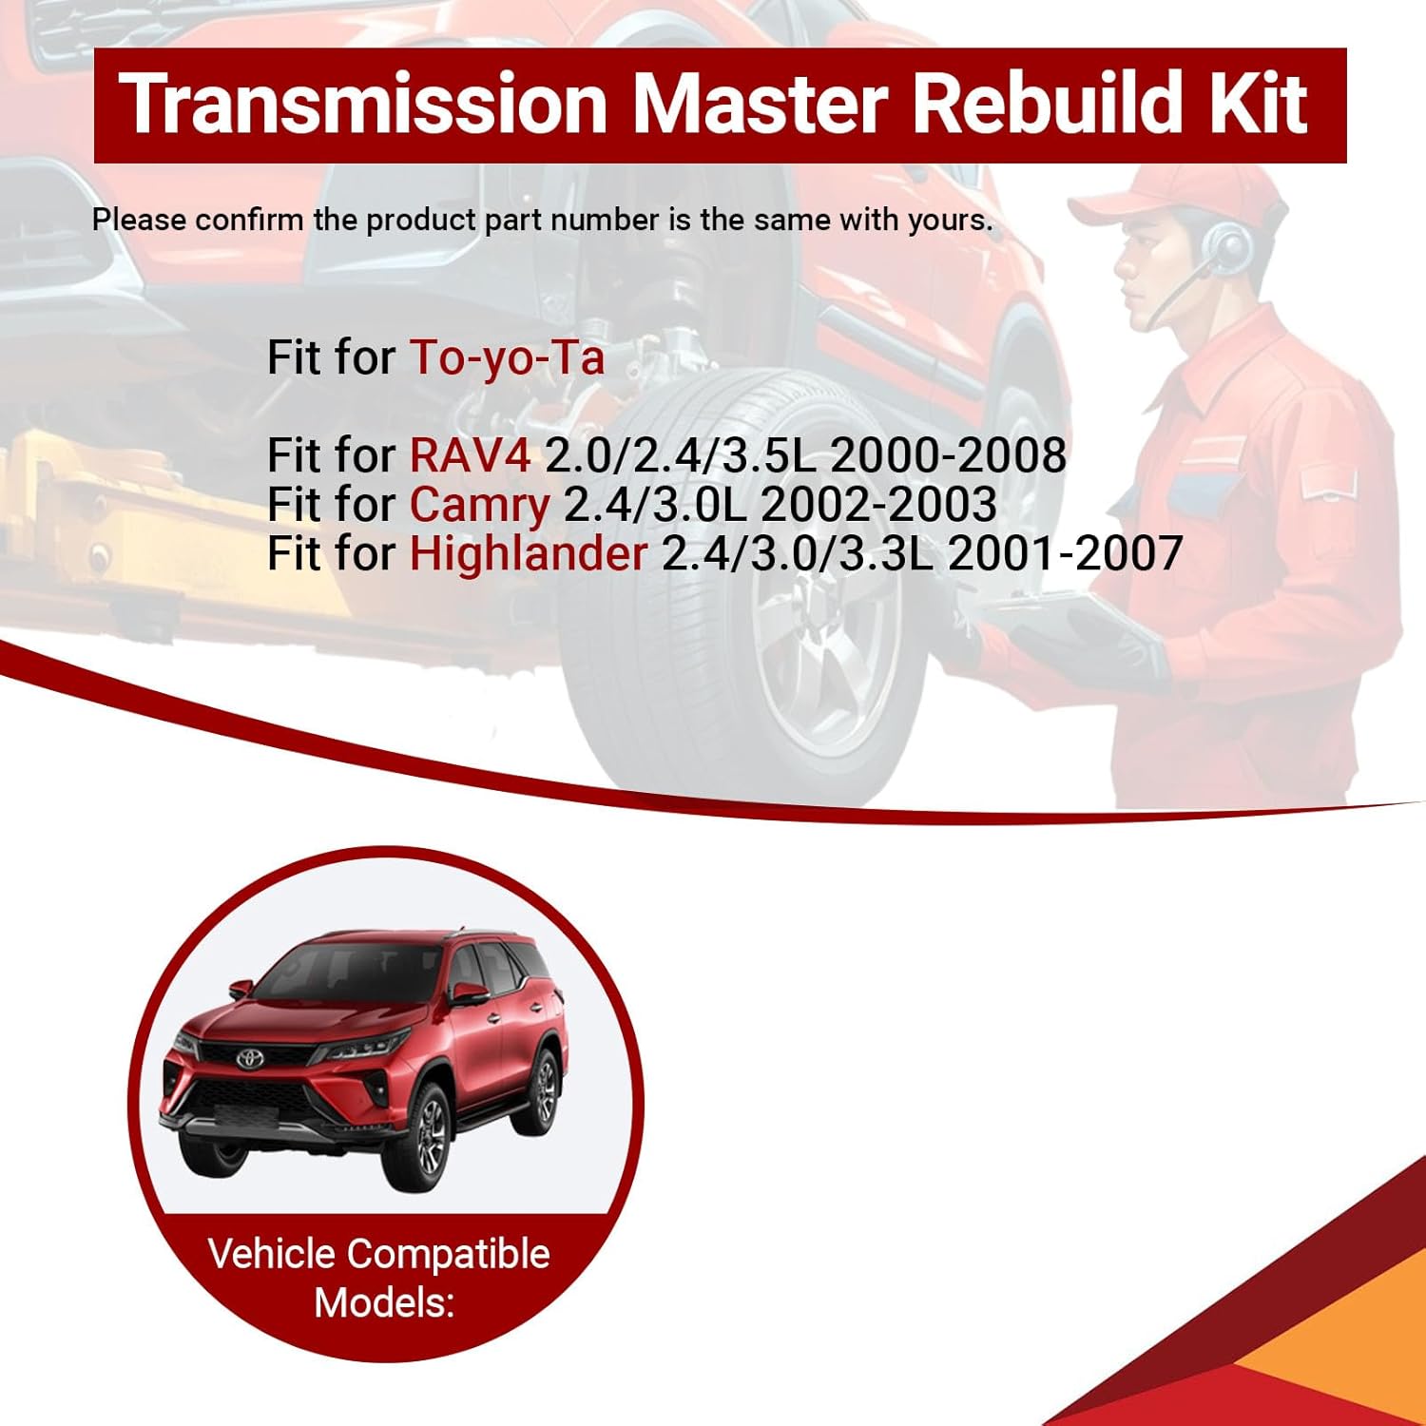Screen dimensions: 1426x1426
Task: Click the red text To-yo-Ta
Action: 507,358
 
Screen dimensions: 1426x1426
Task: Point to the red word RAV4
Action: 470,455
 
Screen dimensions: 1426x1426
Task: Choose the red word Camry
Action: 479,505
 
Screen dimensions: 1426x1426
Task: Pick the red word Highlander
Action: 529,554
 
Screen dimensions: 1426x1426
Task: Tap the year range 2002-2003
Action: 878,505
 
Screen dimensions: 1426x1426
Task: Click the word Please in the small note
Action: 139,221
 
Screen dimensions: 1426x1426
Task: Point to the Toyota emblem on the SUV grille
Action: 249,1058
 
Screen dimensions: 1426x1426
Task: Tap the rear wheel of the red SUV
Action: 546,1089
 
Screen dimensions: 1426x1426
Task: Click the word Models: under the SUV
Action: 384,1302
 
